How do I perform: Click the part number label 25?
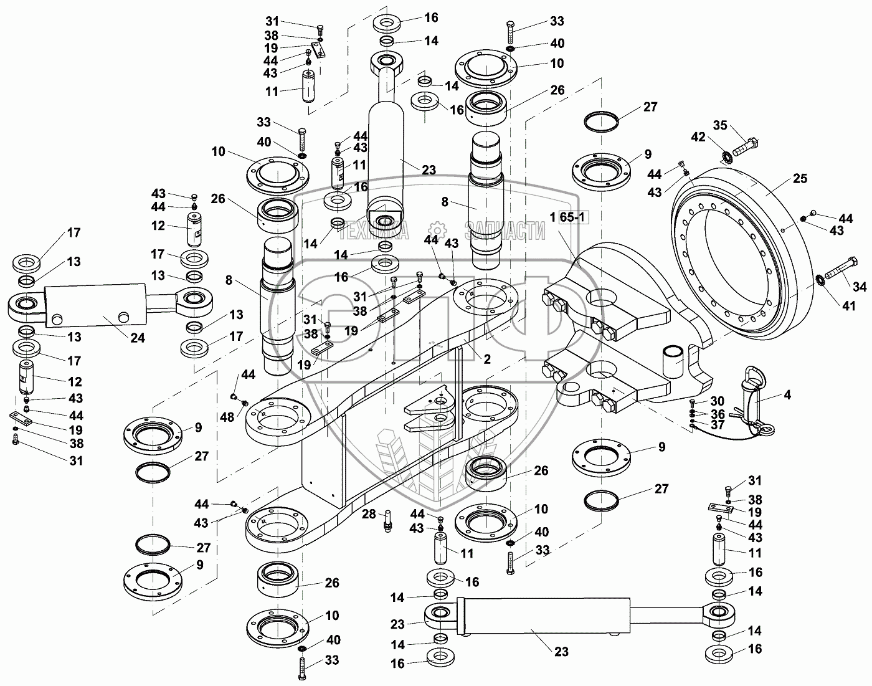(x=800, y=179)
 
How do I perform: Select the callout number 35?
(x=720, y=125)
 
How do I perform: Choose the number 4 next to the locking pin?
(x=787, y=395)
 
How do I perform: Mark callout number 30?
(x=718, y=401)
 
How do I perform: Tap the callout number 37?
(x=718, y=425)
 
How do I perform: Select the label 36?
(x=718, y=414)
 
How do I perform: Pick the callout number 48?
(x=227, y=417)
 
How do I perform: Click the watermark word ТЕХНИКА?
(x=373, y=232)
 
